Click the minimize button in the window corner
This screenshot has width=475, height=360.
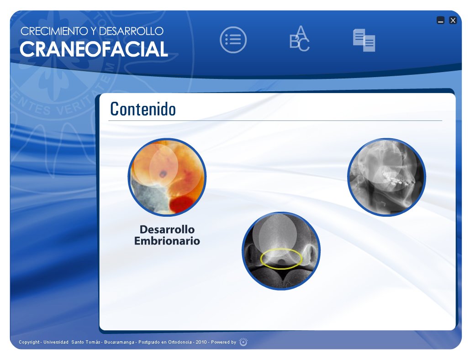pos(440,20)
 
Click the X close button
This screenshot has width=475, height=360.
pos(453,20)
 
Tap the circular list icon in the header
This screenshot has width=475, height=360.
pos(233,40)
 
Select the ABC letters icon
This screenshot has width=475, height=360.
pos(300,39)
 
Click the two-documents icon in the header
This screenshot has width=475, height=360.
pos(364,40)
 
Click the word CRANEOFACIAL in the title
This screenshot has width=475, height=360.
pos(94,49)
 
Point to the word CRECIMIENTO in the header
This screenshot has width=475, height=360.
pos(51,31)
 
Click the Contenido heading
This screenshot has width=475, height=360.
pos(143,109)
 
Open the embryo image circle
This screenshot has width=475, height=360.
pos(167,177)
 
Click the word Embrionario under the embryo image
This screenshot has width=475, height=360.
pos(167,241)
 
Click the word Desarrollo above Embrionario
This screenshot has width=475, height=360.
pos(167,230)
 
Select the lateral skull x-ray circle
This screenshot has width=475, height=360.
pos(386,177)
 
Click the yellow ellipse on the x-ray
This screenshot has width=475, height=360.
pos(281,259)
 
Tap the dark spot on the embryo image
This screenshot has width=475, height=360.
pos(163,174)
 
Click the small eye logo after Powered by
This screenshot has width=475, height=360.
pos(243,342)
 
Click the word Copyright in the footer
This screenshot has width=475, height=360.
pos(29,342)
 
